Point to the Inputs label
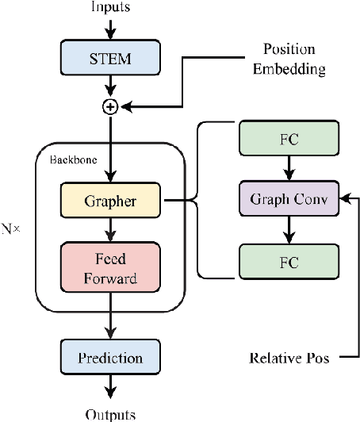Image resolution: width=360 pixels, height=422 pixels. [x=112, y=9]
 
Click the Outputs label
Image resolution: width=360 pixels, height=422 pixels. [x=112, y=414]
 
